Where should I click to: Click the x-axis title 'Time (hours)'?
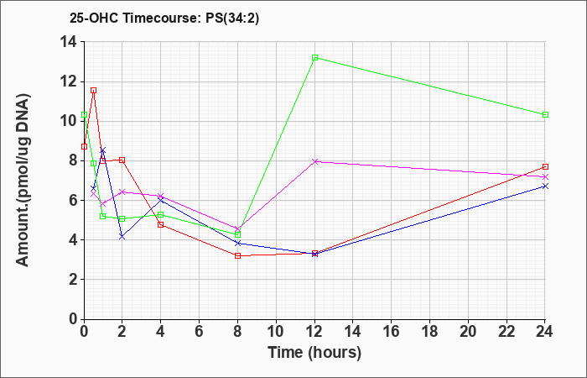click(x=314, y=352)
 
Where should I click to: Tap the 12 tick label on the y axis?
click(x=67, y=81)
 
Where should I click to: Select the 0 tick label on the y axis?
click(x=71, y=319)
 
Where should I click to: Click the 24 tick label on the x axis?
click(x=545, y=332)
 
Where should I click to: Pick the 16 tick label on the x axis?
click(x=392, y=332)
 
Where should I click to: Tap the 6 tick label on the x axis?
click(x=200, y=332)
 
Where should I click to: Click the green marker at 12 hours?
click(x=314, y=57)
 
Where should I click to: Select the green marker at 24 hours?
click(x=545, y=114)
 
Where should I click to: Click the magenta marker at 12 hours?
click(x=314, y=161)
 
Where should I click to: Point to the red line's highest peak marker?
click(x=93, y=90)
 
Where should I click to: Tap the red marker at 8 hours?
click(x=238, y=255)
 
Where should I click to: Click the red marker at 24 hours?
click(x=545, y=166)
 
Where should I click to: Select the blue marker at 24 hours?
click(x=545, y=186)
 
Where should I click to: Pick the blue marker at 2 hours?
click(x=122, y=236)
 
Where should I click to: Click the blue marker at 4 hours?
click(x=161, y=200)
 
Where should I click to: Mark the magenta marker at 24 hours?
click(x=545, y=177)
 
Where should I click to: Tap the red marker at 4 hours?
click(x=161, y=224)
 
